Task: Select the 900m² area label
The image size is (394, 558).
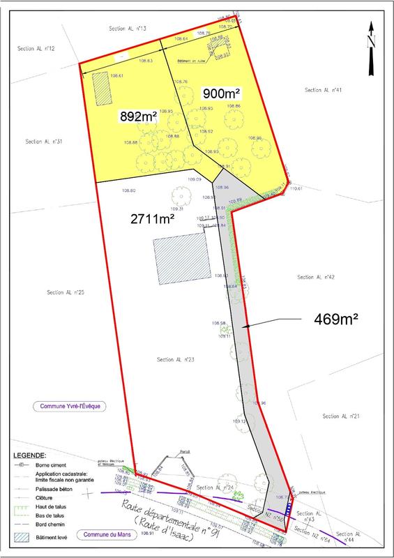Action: [222, 93]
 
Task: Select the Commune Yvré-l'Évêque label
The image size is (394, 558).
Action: [70, 406]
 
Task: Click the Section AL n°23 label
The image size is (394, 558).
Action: [175, 359]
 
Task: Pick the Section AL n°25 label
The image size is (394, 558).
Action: [66, 292]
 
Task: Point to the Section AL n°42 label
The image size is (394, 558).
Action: [316, 277]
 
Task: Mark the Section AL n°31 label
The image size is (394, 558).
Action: [45, 141]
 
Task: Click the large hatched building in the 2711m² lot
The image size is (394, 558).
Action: [181, 259]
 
